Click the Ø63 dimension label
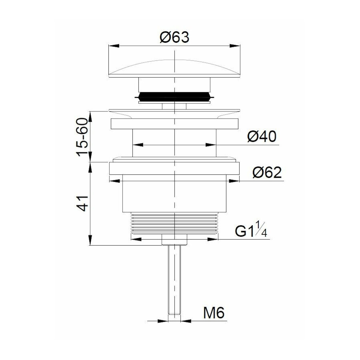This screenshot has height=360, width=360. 174,38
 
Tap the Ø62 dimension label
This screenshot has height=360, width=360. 267,173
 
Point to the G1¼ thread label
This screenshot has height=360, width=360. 251,232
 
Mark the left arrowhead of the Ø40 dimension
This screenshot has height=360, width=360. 137,145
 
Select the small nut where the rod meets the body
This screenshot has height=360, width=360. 175,240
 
